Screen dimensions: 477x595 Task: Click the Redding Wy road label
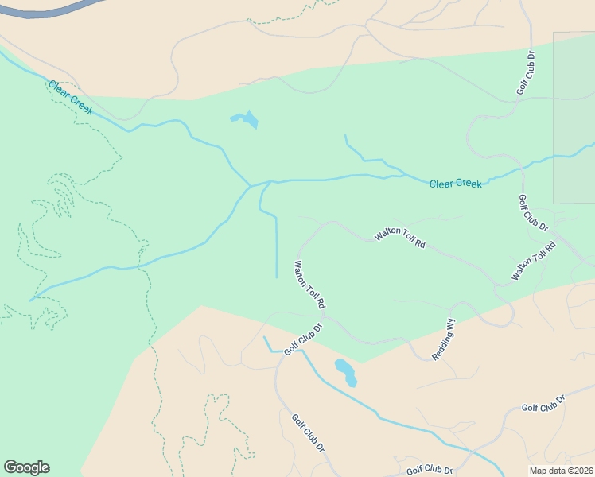tap(444, 340)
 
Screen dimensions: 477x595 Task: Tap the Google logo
tap(26, 467)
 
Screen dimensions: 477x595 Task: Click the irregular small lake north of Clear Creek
tap(246, 120)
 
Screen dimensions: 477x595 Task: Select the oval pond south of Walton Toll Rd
tap(345, 371)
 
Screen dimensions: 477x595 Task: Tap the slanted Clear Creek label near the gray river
tap(70, 98)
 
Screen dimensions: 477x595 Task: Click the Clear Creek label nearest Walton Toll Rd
tap(455, 184)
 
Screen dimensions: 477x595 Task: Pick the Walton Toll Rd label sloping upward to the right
tap(533, 262)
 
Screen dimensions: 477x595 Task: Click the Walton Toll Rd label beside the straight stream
tap(309, 285)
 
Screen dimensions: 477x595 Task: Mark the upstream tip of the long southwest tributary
tap(32, 300)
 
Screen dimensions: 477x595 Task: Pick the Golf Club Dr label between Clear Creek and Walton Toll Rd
tap(533, 213)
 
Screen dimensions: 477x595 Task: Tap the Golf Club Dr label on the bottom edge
tap(430, 470)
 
